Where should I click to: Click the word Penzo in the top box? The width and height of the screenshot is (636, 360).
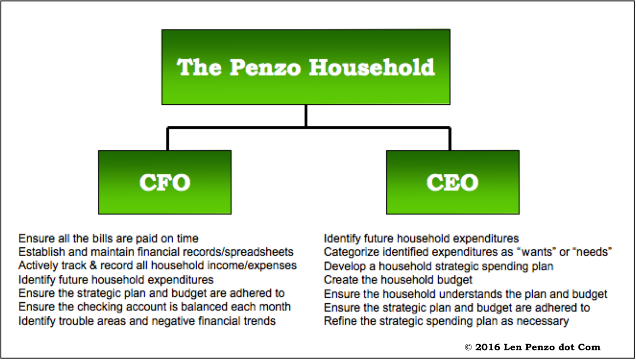tap(265, 68)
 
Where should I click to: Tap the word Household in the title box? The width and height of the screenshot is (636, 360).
tap(372, 67)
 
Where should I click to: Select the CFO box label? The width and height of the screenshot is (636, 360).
tap(165, 182)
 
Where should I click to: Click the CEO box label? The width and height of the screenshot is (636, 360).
tap(453, 182)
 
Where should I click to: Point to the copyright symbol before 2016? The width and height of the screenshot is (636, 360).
tap(468, 347)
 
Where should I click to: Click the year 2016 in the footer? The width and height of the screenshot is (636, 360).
tap(488, 347)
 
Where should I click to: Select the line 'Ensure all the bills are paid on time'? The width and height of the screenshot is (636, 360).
tap(108, 238)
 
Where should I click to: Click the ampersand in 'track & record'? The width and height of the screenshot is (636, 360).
tap(93, 266)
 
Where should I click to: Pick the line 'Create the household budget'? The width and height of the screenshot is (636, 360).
tap(398, 280)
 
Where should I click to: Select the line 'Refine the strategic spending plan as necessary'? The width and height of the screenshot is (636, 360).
tap(446, 321)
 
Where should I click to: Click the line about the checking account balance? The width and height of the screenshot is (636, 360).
tap(155, 307)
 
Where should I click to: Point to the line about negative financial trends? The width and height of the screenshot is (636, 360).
tap(147, 321)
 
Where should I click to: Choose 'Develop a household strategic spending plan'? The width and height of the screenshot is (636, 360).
tap(439, 266)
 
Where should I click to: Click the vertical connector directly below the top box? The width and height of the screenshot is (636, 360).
tap(306, 116)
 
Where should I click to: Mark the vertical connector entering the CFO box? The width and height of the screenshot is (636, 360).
tap(168, 139)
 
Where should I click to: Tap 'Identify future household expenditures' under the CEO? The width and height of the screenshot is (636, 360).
tap(421, 238)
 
